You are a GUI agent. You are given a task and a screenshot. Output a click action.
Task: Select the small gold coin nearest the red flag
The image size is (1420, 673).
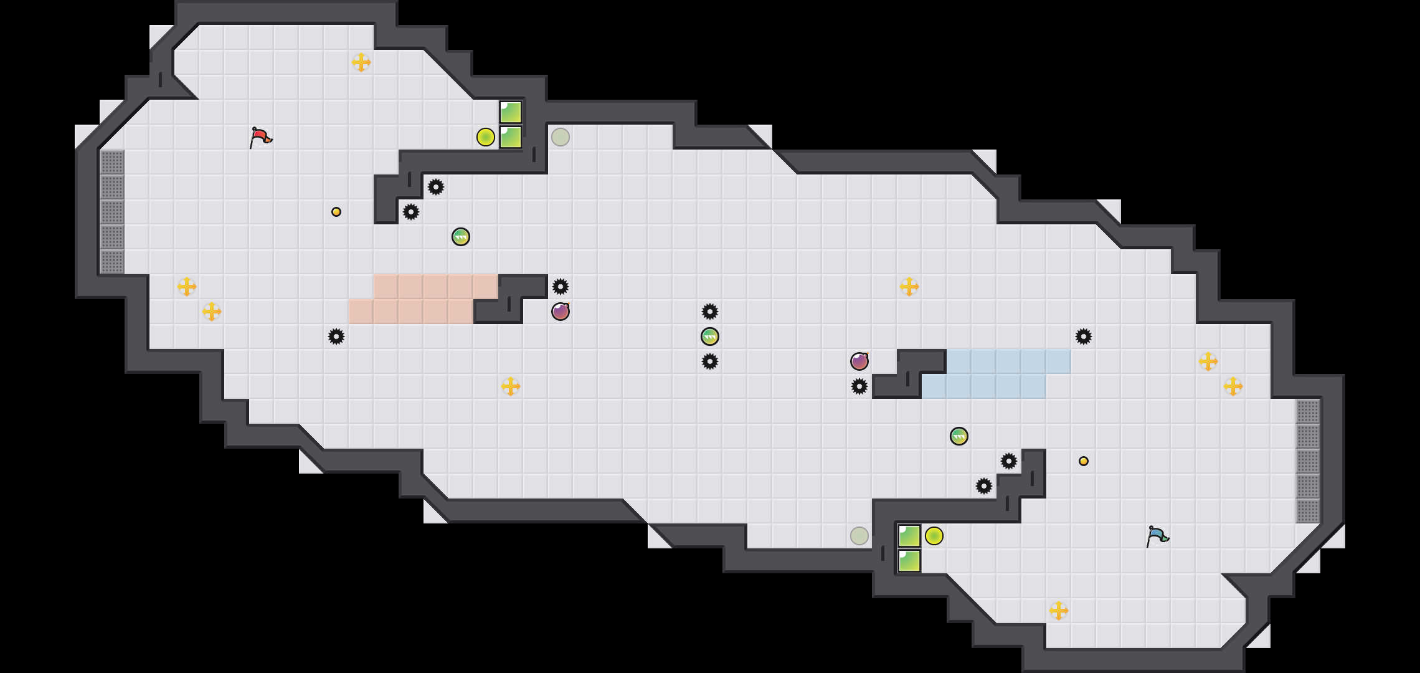336,212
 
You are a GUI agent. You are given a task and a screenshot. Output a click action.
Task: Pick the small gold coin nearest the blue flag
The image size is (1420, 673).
1084,461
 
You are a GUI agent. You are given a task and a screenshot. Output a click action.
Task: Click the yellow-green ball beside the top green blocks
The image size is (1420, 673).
486,137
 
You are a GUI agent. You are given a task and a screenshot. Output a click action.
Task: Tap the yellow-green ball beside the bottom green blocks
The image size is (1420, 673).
934,536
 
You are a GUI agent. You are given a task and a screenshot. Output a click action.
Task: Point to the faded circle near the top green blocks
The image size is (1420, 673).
561,137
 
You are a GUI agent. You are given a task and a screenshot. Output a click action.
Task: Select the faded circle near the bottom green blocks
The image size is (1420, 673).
859,536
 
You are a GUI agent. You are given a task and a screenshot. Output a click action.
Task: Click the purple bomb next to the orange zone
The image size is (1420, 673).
561,312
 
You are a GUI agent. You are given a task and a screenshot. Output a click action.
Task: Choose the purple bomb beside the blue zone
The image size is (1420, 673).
859,361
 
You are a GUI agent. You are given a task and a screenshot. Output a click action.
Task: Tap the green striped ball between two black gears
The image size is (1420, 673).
710,336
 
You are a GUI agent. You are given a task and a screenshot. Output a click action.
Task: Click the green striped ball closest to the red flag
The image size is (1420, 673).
461,237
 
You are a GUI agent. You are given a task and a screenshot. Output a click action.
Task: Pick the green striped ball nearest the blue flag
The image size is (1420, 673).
959,436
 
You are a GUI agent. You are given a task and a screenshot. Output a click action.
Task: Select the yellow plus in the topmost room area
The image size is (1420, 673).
361,62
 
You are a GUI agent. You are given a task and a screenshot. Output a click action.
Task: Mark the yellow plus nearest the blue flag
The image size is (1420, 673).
1059,611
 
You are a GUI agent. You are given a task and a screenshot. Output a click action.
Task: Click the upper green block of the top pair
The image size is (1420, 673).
511,112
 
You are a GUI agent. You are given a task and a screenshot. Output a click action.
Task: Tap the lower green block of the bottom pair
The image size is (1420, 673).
909,561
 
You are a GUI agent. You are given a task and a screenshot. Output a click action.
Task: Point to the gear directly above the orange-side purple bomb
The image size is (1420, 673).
561,287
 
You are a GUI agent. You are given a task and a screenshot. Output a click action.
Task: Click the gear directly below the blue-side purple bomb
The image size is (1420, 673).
859,386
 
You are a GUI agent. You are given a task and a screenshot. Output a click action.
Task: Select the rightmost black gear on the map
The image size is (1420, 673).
1084,336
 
